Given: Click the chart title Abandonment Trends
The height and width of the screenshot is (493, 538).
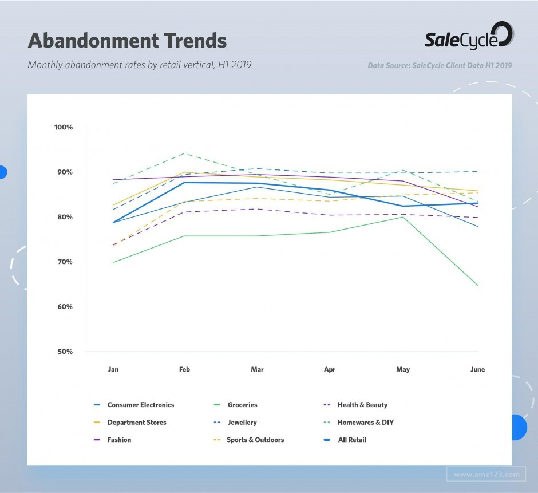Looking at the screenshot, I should pyautogui.click(x=127, y=41).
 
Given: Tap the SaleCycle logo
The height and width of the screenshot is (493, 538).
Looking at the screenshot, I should pyautogui.click(x=469, y=36).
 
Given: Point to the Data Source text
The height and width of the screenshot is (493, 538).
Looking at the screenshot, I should pyautogui.click(x=440, y=65).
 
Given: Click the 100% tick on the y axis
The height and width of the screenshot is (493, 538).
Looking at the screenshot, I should pyautogui.click(x=64, y=127).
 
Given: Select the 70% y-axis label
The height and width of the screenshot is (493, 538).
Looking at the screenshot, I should pyautogui.click(x=64, y=262).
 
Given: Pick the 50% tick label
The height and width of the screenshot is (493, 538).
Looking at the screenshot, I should pyautogui.click(x=64, y=352).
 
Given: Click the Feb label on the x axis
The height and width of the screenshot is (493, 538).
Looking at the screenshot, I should pyautogui.click(x=184, y=369).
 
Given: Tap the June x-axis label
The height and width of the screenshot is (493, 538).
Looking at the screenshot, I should pyautogui.click(x=477, y=369).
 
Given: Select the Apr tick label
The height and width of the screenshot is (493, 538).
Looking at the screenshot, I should pyautogui.click(x=330, y=369).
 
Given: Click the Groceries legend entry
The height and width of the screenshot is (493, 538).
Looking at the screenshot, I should pyautogui.click(x=242, y=405).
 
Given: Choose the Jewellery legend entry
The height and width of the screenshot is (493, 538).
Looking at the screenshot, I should pyautogui.click(x=242, y=423).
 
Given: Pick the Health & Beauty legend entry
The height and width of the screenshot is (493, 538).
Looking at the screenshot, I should pyautogui.click(x=362, y=405).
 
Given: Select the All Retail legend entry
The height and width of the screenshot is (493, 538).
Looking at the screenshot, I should pyautogui.click(x=351, y=440).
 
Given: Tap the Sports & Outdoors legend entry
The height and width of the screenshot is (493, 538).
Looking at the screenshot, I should pyautogui.click(x=255, y=440).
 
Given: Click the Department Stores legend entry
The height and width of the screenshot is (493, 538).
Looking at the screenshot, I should pyautogui.click(x=137, y=423).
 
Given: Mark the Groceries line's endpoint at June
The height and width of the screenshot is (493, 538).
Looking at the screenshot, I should pyautogui.click(x=478, y=285).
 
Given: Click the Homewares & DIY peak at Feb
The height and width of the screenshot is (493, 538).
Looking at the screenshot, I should pyautogui.click(x=184, y=153).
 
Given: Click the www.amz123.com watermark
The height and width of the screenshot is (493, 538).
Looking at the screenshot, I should pyautogui.click(x=486, y=474).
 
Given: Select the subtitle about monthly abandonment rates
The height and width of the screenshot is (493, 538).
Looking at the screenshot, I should pyautogui.click(x=140, y=65).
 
